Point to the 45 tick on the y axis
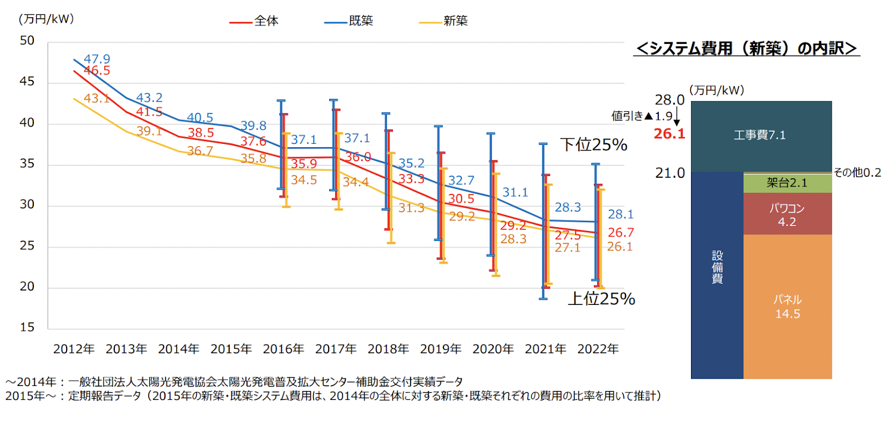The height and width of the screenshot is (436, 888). tap(27, 82)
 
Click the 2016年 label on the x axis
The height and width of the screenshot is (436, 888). tap(283, 349)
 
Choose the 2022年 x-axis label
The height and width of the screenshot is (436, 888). tap(598, 349)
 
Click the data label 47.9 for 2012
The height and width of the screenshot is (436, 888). tap(97, 59)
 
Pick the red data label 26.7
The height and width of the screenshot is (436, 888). tap(620, 232)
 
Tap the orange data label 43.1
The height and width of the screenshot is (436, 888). tap(97, 98)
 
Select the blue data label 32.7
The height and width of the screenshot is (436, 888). tap(461, 181)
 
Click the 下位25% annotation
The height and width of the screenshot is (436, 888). tap(593, 145)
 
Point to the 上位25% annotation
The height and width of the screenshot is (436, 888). tap(601, 299)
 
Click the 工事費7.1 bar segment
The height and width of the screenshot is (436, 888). tap(760, 135)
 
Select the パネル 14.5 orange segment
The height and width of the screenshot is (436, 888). tap(788, 307)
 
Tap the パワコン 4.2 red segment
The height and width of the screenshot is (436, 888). tap(787, 214)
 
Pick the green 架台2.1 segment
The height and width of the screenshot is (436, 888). tap(787, 183)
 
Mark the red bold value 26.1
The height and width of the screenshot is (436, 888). tap(669, 134)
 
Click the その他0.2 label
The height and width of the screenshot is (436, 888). tap(857, 173)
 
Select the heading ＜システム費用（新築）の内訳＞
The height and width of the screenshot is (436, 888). tap(746, 48)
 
